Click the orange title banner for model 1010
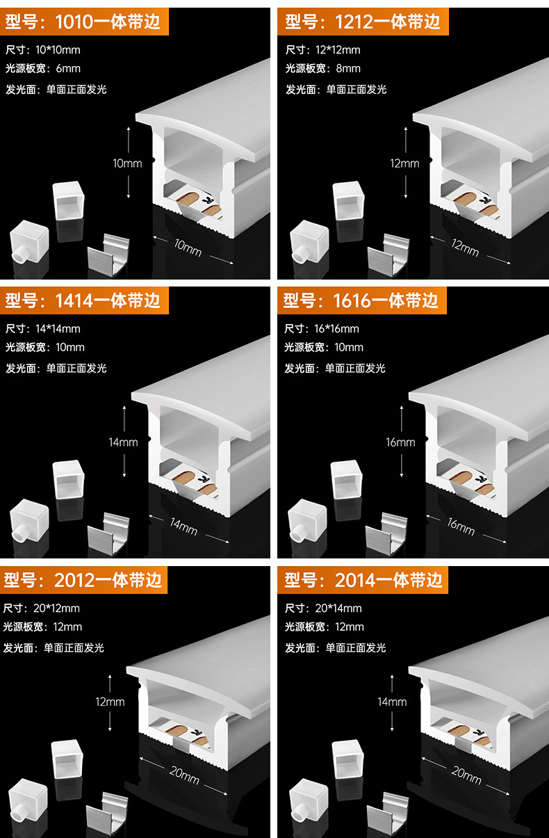[x=83, y=22]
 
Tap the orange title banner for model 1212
[x=363, y=22]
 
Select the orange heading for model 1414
[x=83, y=300]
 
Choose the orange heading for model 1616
[x=361, y=300]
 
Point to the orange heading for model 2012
[x=83, y=580]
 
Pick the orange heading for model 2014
[x=363, y=580]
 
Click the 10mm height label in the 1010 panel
[x=127, y=163]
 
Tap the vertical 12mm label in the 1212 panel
[x=405, y=163]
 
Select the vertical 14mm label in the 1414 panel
[x=124, y=442]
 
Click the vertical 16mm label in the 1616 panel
[x=401, y=442]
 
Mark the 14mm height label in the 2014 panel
[x=392, y=702]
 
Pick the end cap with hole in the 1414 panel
[x=28, y=520]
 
